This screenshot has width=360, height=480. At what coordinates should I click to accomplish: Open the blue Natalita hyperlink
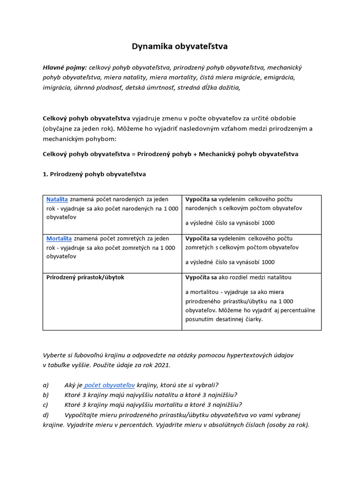[57, 199]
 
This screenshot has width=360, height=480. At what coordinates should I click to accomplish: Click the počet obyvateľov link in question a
[110, 385]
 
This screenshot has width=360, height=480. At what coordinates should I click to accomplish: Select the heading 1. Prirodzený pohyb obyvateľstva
[94, 174]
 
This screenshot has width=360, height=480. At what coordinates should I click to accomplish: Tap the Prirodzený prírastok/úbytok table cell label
[85, 277]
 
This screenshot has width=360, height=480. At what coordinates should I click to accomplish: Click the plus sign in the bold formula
[207, 154]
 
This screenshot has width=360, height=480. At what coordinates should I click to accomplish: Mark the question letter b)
[46, 395]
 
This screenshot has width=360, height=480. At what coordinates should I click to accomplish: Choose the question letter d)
[46, 415]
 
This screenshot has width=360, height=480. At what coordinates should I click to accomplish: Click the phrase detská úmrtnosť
[150, 87]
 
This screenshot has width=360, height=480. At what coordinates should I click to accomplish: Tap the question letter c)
[45, 405]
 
